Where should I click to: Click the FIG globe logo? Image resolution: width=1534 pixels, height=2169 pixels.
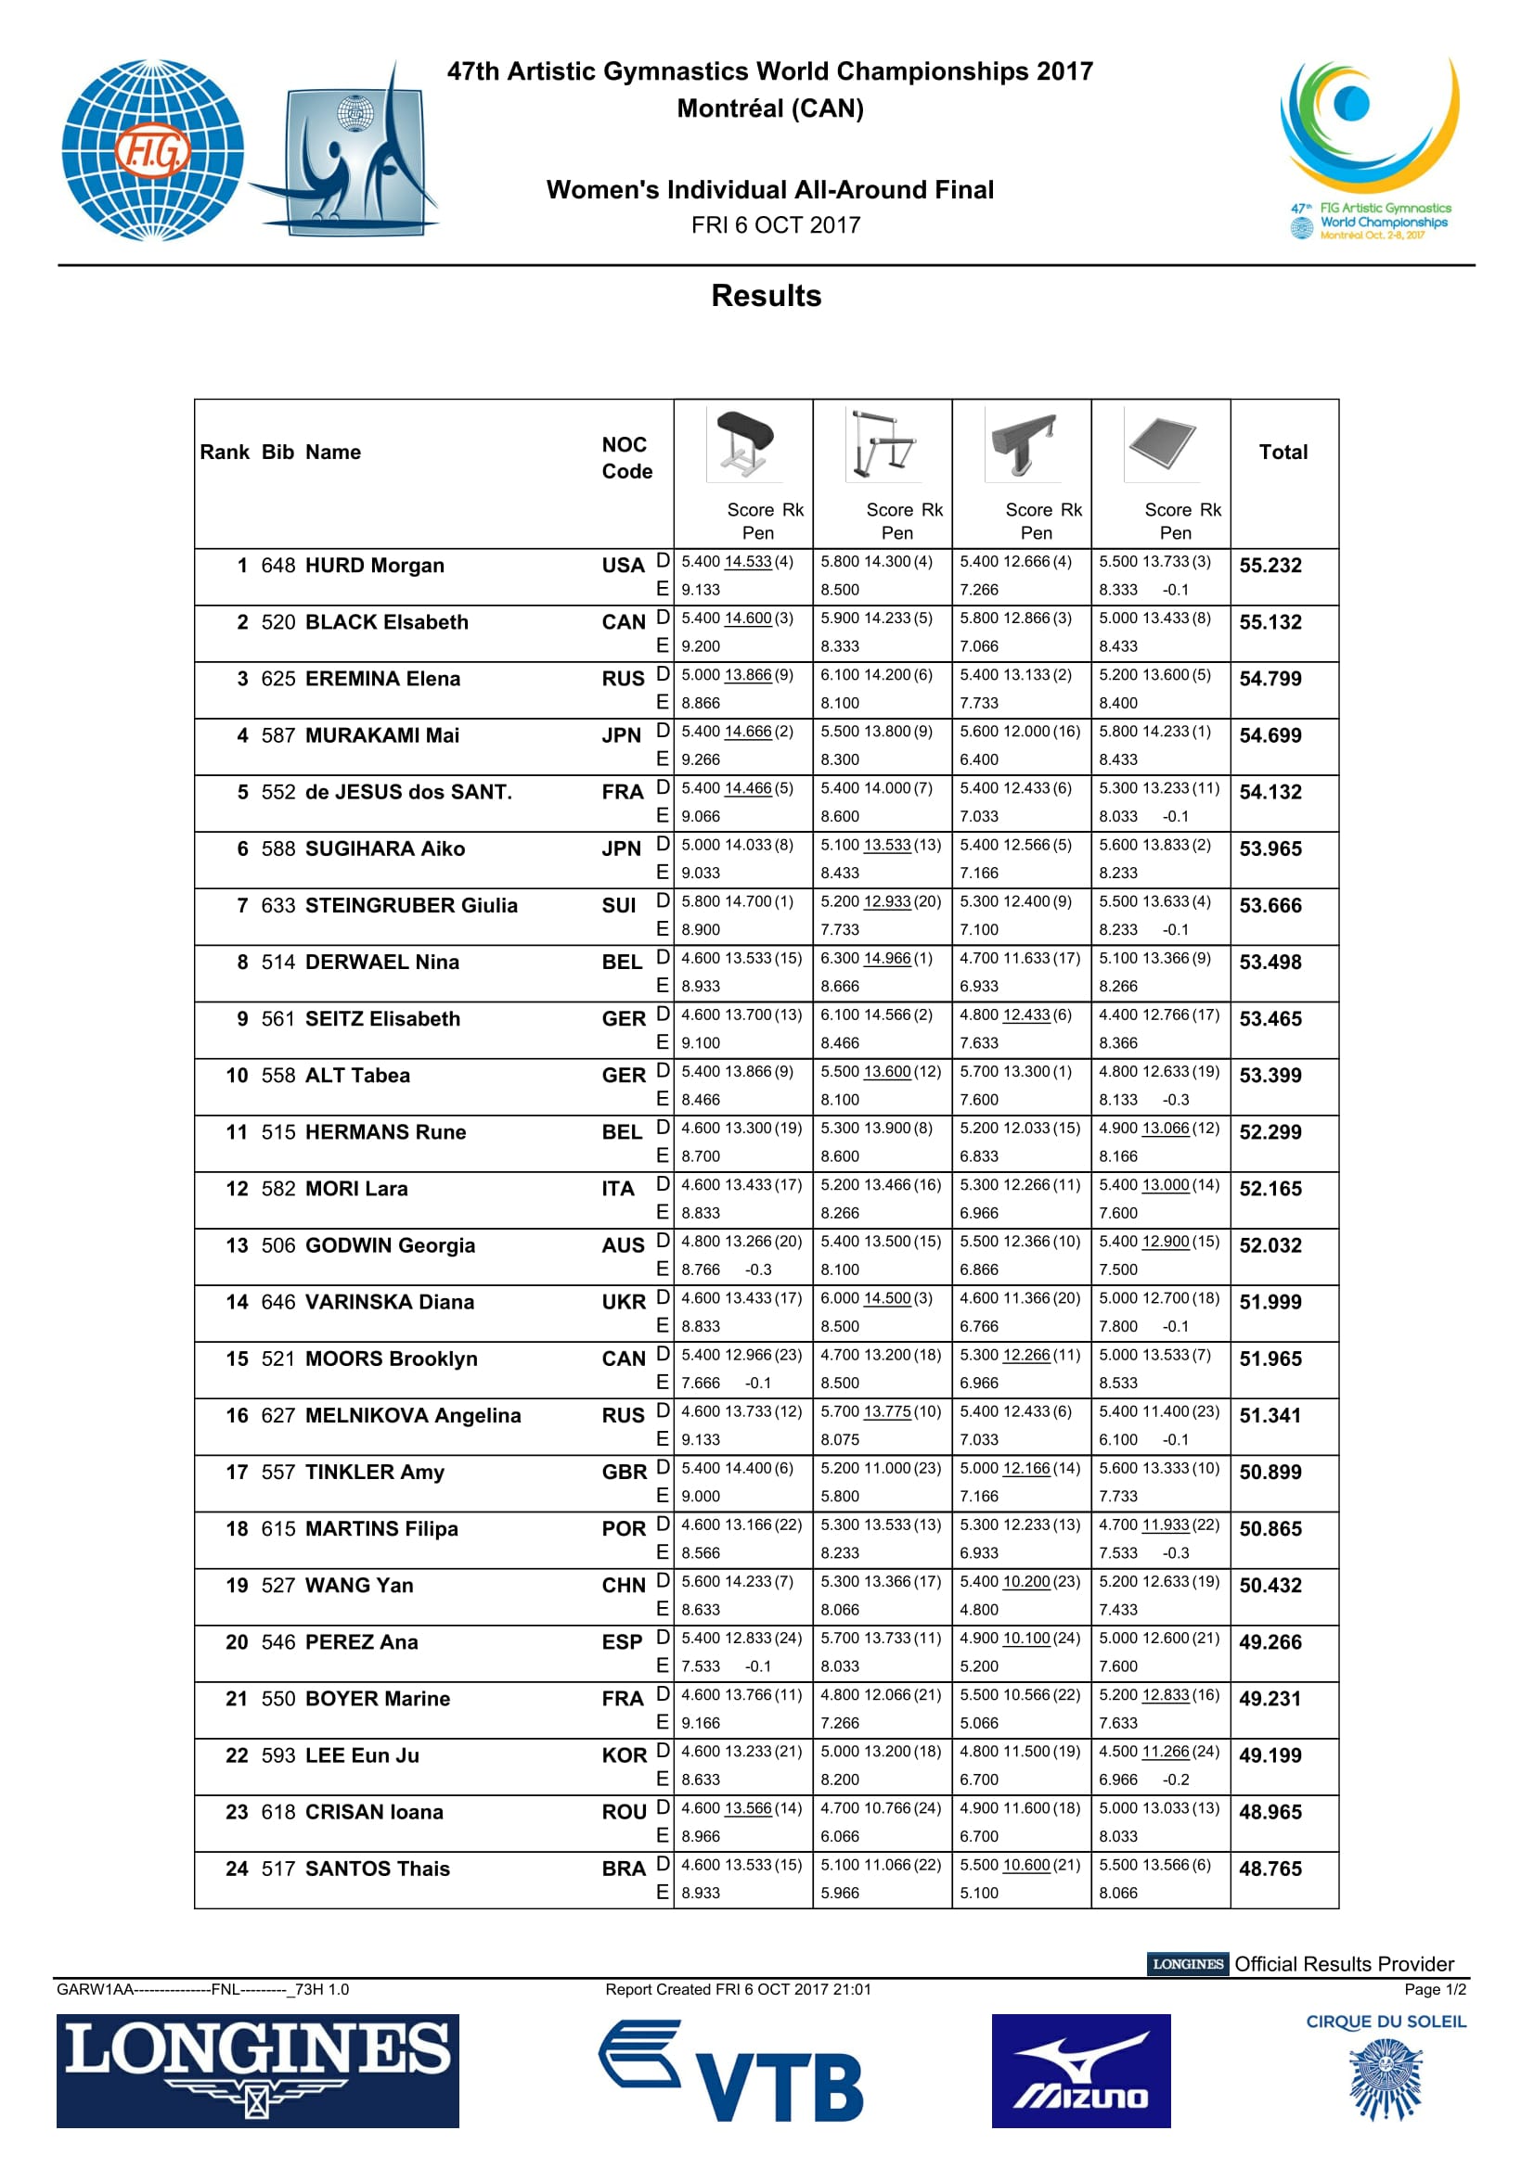click(x=152, y=149)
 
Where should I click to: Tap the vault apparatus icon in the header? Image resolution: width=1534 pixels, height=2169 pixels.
click(x=744, y=443)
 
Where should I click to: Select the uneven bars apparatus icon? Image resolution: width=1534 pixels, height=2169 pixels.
click(x=883, y=443)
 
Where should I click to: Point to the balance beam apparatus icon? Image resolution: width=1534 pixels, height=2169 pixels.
click(x=1023, y=443)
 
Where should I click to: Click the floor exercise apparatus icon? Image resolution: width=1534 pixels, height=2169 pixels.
click(x=1162, y=443)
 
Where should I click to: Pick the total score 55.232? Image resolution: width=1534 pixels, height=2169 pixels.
click(x=1270, y=565)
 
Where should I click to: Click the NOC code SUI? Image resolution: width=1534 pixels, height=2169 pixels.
click(x=619, y=905)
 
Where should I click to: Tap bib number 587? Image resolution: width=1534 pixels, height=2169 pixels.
click(x=277, y=735)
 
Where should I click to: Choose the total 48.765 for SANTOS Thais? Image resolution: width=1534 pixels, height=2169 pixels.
click(x=1270, y=1869)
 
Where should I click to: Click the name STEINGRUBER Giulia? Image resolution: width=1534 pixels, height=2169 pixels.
click(x=411, y=905)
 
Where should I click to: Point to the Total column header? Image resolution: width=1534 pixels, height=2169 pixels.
click(x=1283, y=452)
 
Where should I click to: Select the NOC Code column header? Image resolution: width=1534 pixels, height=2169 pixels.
click(x=626, y=457)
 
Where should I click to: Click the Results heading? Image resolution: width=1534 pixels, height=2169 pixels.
click(x=767, y=296)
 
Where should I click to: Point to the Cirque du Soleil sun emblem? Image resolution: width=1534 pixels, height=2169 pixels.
click(x=1386, y=2078)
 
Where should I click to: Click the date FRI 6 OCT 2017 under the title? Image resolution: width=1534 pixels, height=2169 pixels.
click(x=775, y=224)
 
